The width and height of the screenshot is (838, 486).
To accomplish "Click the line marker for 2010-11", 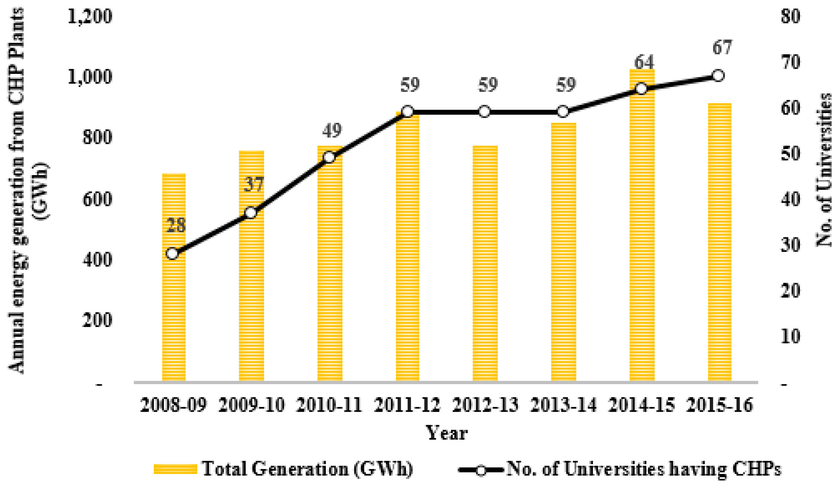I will pyautogui.click(x=329, y=157).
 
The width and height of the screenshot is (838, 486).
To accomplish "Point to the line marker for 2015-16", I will pyautogui.click(x=718, y=76).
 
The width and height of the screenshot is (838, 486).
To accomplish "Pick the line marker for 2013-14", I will pyautogui.click(x=563, y=112).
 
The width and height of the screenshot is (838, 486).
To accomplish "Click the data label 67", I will pyautogui.click(x=722, y=47).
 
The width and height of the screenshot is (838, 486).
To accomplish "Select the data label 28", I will pyautogui.click(x=176, y=225).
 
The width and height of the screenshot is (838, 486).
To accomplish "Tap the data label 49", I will pyautogui.click(x=332, y=130).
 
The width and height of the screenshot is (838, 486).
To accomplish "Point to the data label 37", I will pyautogui.click(x=254, y=184).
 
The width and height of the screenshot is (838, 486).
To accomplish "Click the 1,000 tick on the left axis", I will pyautogui.click(x=90, y=77).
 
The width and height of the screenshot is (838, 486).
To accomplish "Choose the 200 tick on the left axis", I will pyautogui.click(x=97, y=320).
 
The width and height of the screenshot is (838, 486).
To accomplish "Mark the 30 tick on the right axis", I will pyautogui.click(x=791, y=246).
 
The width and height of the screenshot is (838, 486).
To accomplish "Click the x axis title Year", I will pyautogui.click(x=447, y=433).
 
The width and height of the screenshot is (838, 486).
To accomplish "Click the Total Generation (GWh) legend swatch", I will pyautogui.click(x=175, y=469).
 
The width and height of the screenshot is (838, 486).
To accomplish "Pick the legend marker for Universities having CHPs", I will pyautogui.click(x=481, y=470).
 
